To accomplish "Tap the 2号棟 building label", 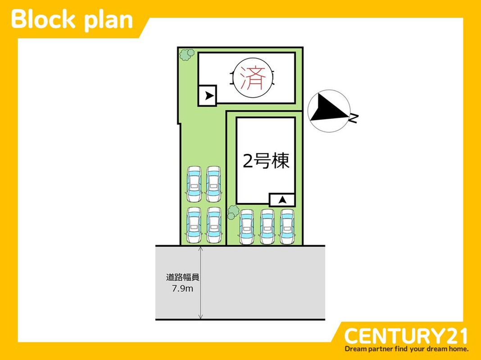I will (x=266, y=161).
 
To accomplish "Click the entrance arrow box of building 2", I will (x=282, y=199).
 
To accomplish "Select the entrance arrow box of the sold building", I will (x=208, y=96).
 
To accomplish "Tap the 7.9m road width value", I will (x=182, y=288).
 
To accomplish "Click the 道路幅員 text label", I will (x=182, y=278).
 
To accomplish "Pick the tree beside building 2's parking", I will (x=233, y=211).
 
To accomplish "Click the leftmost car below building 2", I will (x=247, y=227).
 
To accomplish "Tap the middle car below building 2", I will (x=267, y=227).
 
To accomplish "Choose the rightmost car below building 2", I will (x=287, y=227).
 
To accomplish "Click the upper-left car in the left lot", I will (x=194, y=184).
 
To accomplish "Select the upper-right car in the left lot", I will (x=213, y=184).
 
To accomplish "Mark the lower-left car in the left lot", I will (x=194, y=225).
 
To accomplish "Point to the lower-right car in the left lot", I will (x=213, y=225).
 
